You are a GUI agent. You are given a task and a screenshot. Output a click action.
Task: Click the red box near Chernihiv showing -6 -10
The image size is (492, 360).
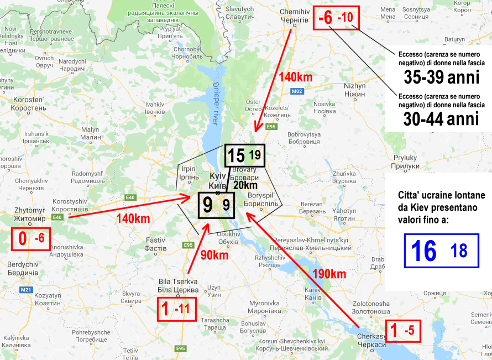(x=336, y=18)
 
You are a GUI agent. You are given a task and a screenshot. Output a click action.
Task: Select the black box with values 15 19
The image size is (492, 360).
(x=245, y=155)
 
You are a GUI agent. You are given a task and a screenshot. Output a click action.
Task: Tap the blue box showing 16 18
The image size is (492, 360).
(x=440, y=251)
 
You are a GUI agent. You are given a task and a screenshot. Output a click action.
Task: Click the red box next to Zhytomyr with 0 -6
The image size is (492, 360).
(x=32, y=239)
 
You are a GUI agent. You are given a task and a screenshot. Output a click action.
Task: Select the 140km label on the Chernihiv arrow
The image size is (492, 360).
(x=296, y=77)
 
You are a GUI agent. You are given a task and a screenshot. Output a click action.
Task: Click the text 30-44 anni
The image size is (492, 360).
(x=441, y=119)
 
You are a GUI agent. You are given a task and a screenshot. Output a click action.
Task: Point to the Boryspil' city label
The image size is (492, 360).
(x=265, y=200)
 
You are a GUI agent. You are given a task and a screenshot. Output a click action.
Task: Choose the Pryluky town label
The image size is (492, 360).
(x=402, y=161)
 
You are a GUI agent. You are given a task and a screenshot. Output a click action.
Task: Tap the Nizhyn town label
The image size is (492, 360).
(x=354, y=90)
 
